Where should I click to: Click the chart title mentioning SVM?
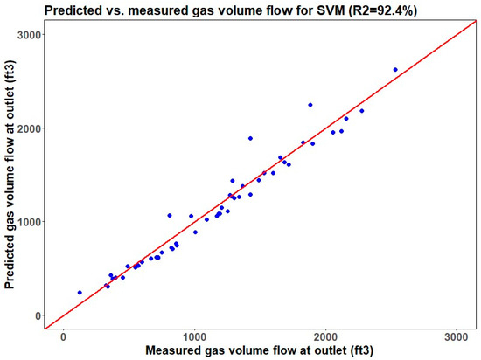coord(231,10)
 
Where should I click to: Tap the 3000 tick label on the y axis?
coord(29,35)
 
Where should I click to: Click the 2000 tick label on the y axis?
coord(29,128)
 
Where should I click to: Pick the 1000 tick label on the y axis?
coord(29,222)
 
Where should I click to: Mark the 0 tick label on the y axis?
coord(38,315)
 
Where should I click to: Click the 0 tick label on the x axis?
coord(63,336)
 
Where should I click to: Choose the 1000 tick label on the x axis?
coord(194,336)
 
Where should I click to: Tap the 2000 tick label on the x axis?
coord(325,336)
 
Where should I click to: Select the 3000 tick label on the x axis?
coord(457,336)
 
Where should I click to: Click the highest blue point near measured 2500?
coord(395,70)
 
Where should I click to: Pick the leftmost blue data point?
coord(80,293)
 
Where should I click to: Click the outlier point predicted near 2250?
coord(310,105)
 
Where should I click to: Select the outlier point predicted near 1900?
coord(250,138)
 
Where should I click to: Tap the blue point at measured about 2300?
coord(362,111)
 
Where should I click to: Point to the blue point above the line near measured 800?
coord(170,215)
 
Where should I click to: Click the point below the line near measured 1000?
coord(195,232)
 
